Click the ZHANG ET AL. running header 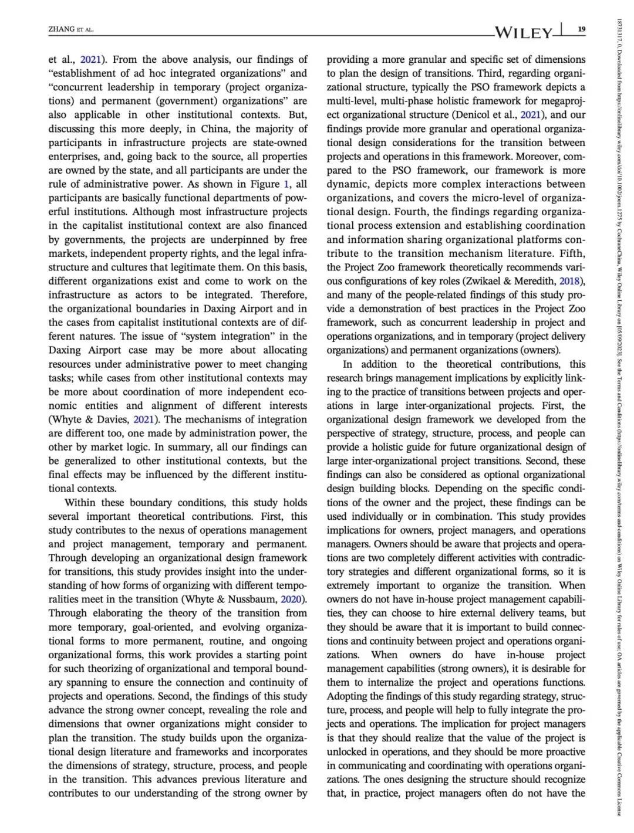(x=71, y=29)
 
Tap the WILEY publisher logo (x=524, y=32)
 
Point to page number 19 (x=581, y=29)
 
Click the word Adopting (x=350, y=696)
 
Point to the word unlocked (x=351, y=751)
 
